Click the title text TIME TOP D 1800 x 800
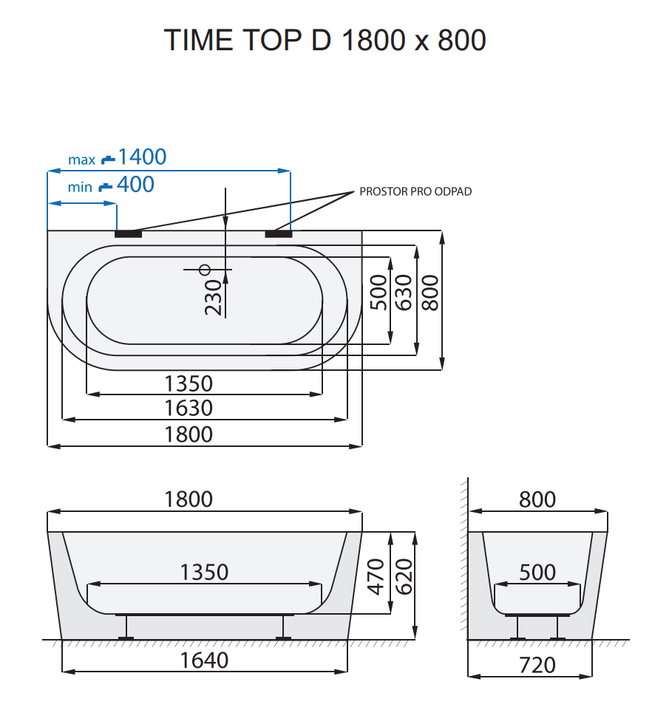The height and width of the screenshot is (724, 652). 325,40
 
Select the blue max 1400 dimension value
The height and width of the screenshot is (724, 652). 142,157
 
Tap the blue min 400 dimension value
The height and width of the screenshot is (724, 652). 135,185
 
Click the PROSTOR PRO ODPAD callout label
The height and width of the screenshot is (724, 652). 415,191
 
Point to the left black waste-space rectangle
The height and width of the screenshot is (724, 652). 128,233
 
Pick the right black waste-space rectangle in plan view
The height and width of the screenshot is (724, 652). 278,233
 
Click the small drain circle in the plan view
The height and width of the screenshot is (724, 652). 206,269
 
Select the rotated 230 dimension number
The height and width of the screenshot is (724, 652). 213,297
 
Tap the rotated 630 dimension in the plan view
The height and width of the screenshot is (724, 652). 404,293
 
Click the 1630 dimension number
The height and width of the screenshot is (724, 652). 189,408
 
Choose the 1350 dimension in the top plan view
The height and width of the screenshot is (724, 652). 189,383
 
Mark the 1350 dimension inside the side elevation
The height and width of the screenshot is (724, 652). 204,573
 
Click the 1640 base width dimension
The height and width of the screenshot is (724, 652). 204,660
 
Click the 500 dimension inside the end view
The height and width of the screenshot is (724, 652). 537,573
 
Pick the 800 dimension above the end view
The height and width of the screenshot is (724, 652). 537,499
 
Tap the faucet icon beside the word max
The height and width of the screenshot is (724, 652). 108,158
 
